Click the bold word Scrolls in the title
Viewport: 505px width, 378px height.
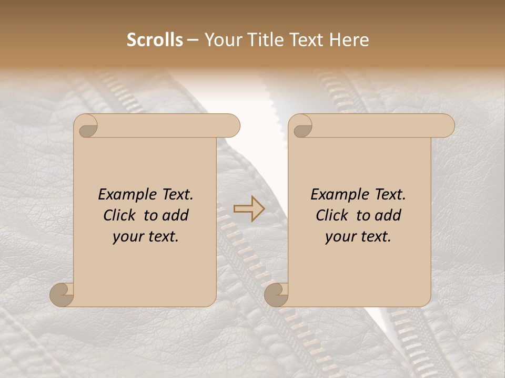click(155, 40)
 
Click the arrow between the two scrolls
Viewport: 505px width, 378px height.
click(249, 209)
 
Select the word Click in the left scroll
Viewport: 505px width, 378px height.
click(121, 216)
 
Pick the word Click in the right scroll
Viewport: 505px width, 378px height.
click(334, 216)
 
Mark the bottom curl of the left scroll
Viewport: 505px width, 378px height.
click(62, 295)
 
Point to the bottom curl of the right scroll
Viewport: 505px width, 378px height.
click(276, 295)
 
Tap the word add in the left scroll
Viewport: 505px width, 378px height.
click(176, 216)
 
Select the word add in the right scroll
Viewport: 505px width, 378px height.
click(388, 216)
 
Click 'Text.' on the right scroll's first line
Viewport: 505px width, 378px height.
click(390, 195)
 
